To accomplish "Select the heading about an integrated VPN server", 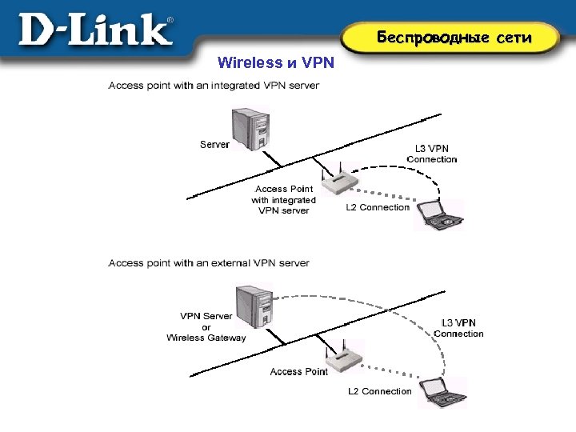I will [x=214, y=86].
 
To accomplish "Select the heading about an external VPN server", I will [x=209, y=262].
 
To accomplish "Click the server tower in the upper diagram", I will [x=249, y=129].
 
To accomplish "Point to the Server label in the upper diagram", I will [x=214, y=145].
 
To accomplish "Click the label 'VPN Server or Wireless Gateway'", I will [x=206, y=326].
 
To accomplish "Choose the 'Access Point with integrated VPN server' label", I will [x=283, y=200].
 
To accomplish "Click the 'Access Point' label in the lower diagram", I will [x=298, y=371].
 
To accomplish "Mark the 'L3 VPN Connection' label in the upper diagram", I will [x=432, y=154].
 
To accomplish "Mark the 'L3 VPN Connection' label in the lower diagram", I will [x=459, y=328].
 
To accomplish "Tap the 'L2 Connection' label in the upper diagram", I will [x=378, y=208].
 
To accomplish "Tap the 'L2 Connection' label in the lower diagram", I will [x=380, y=391].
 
